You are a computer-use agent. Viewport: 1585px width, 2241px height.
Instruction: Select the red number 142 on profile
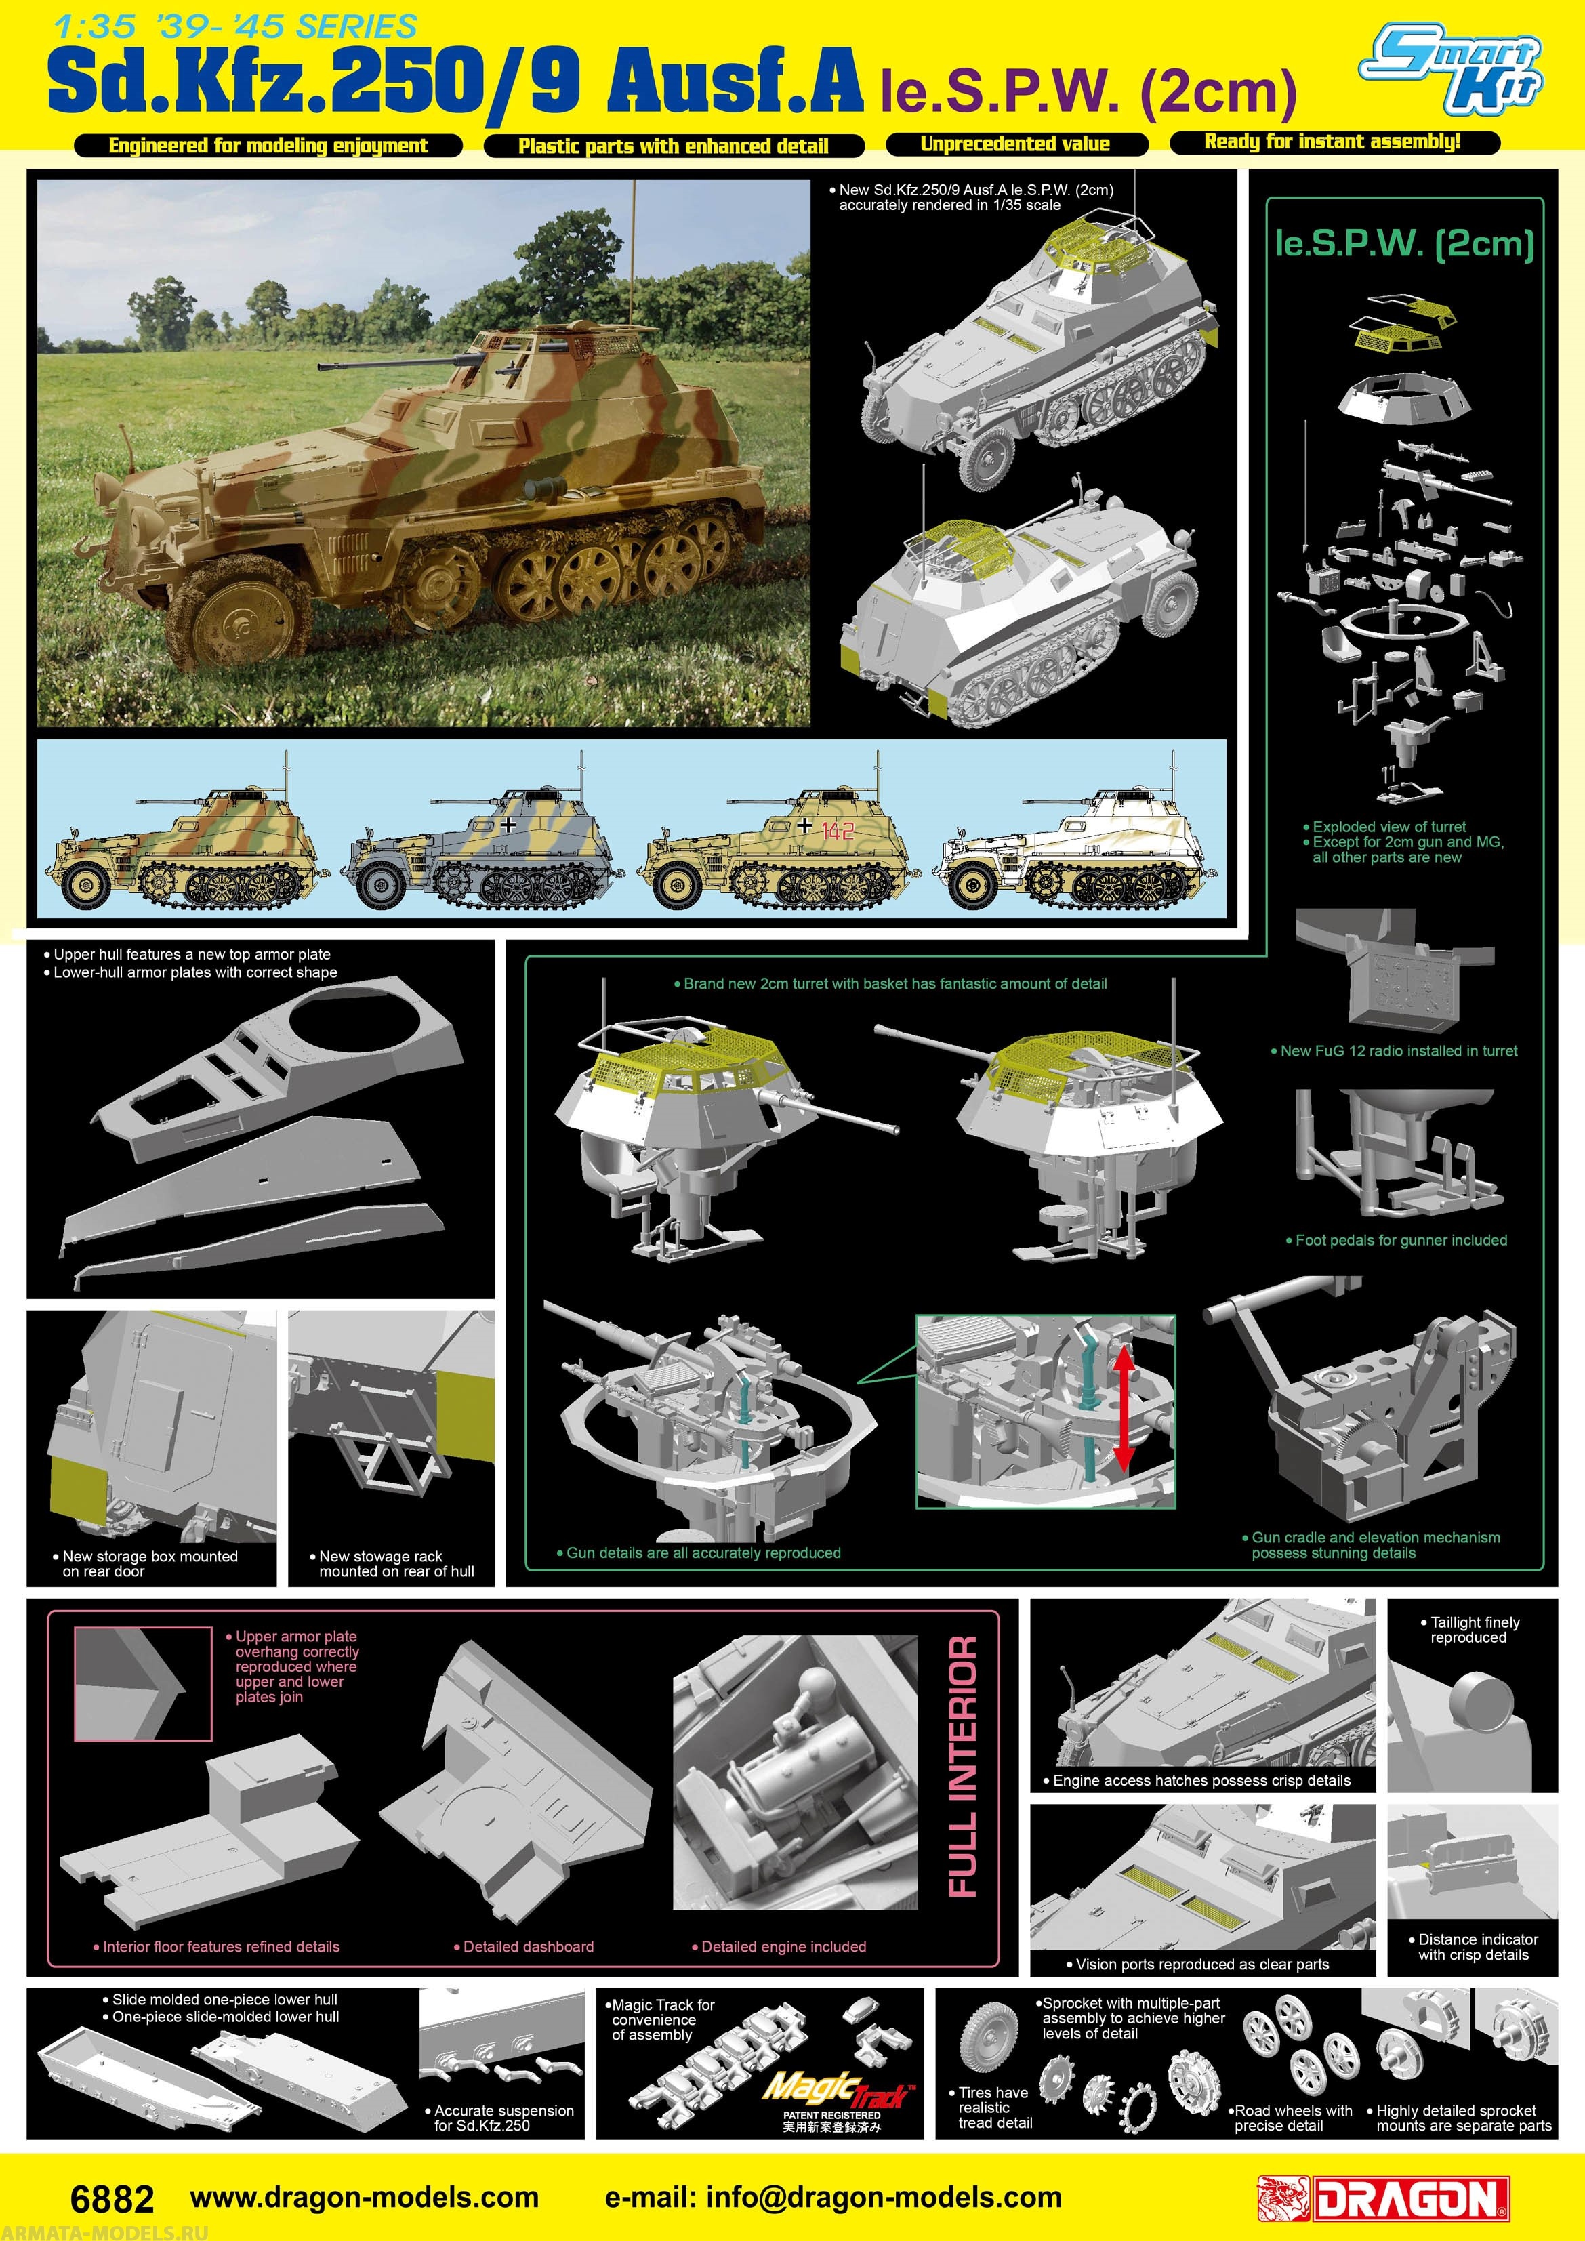838,831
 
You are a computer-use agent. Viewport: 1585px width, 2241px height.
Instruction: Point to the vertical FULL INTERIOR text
962,1767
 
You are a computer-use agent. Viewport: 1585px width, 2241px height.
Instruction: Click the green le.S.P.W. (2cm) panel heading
1403,243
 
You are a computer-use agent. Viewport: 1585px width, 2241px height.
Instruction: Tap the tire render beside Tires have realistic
989,2038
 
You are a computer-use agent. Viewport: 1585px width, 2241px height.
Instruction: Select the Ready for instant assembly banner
1332,142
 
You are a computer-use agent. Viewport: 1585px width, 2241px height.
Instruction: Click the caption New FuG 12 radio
1397,1051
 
